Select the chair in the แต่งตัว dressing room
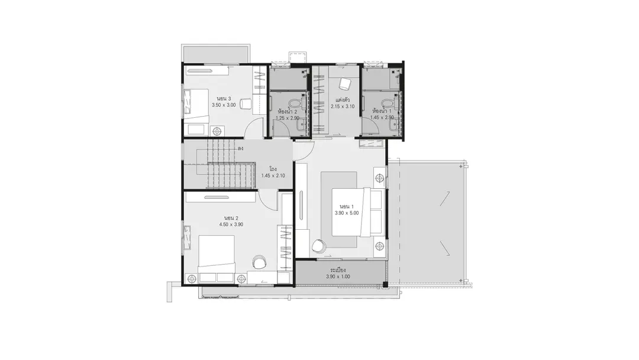pyautogui.click(x=345, y=84)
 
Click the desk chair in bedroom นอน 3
pyautogui.click(x=246, y=104)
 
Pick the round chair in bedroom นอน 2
pyautogui.click(x=259, y=261)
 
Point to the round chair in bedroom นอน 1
pyautogui.click(x=318, y=246)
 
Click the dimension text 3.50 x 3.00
pyautogui.click(x=224, y=105)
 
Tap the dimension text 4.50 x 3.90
pyautogui.click(x=231, y=224)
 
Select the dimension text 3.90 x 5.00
pyautogui.click(x=347, y=213)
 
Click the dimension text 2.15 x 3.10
pyautogui.click(x=343, y=107)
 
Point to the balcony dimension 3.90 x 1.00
pyautogui.click(x=338, y=277)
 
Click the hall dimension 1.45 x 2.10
pyautogui.click(x=273, y=176)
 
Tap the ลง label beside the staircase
pyautogui.click(x=241, y=149)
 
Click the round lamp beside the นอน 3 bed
pyautogui.click(x=217, y=131)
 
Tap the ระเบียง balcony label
pyautogui.click(x=338, y=270)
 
